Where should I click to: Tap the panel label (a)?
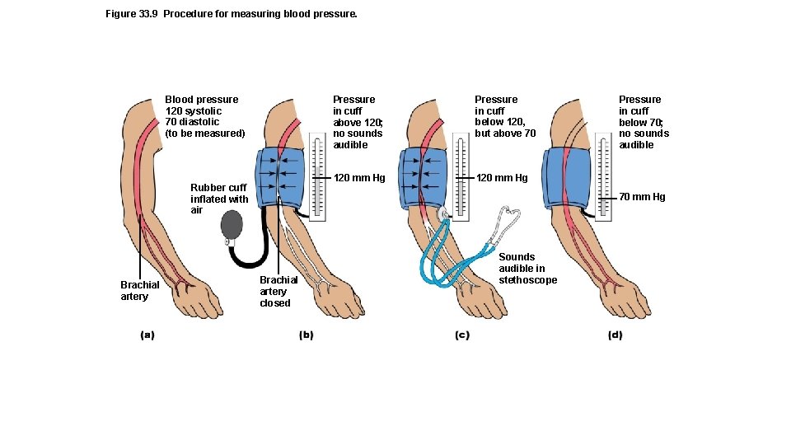[x=147, y=335]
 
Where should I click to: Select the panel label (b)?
[x=306, y=335]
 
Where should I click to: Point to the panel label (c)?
[x=462, y=335]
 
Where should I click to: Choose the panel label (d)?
[x=615, y=335]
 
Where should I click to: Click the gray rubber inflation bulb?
[x=232, y=224]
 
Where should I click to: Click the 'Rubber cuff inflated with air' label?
[x=219, y=198]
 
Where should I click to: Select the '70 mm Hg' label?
[x=642, y=197]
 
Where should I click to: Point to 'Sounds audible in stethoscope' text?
[x=527, y=269]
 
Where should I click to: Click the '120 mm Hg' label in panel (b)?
[x=359, y=177]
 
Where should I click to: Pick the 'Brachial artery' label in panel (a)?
[x=140, y=290]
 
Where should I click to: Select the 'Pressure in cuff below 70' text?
[x=644, y=122]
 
